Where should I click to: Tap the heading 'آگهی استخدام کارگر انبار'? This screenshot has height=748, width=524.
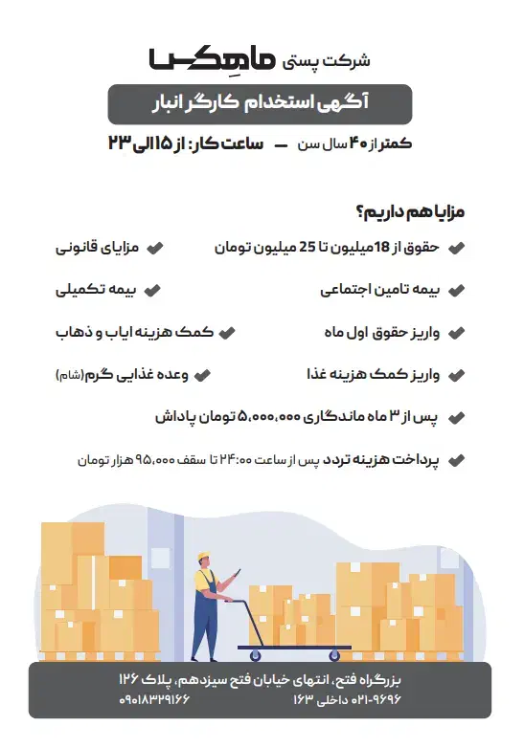[261, 104]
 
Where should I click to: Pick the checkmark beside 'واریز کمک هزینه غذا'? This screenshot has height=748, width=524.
[458, 375]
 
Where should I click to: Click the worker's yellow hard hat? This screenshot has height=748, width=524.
[203, 558]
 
